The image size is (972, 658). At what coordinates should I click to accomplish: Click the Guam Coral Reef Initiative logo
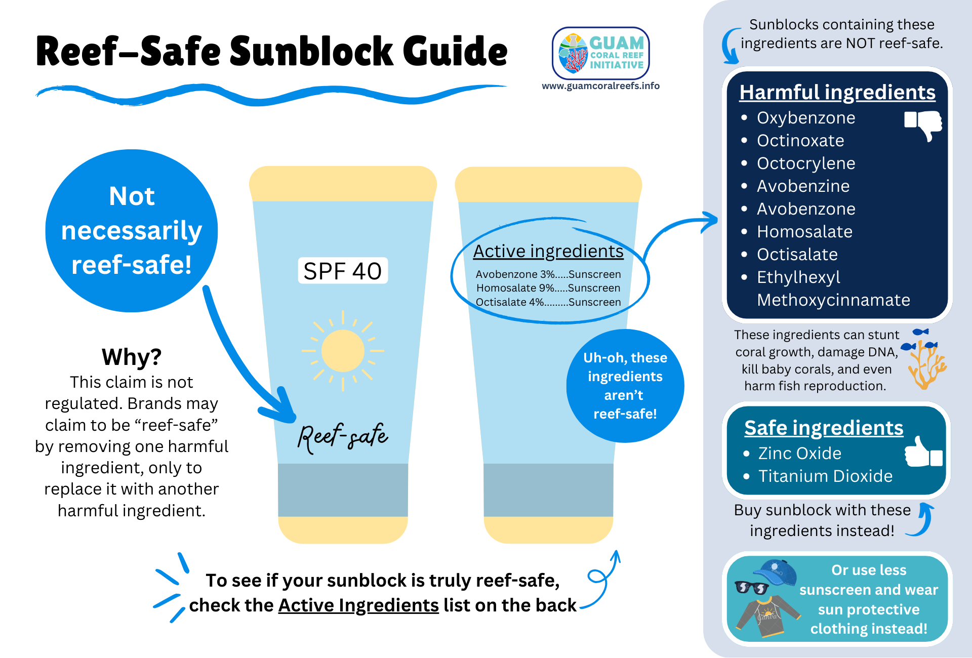(x=600, y=53)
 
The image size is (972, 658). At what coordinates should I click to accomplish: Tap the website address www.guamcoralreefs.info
(x=600, y=86)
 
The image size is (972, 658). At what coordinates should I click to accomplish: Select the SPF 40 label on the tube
(x=343, y=271)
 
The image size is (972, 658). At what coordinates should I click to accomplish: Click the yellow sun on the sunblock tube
(x=343, y=350)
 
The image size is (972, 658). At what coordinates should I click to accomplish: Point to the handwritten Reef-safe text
(x=343, y=436)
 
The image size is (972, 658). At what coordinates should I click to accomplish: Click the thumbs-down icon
(x=923, y=124)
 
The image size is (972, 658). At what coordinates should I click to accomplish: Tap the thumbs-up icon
(x=923, y=452)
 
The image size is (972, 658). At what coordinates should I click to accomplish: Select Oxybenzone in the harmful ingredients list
(x=805, y=118)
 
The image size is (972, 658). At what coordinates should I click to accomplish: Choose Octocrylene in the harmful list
(x=805, y=163)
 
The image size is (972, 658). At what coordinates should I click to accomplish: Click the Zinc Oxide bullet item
(x=799, y=454)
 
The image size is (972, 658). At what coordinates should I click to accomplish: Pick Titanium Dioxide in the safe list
(x=825, y=476)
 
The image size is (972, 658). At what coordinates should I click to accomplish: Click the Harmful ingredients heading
(x=837, y=93)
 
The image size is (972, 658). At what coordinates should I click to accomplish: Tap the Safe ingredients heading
(x=824, y=428)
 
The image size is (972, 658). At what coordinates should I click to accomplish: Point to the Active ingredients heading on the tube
(x=548, y=252)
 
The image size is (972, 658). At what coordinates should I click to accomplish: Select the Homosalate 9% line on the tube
(x=548, y=288)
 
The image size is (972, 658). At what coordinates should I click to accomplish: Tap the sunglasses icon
(x=752, y=588)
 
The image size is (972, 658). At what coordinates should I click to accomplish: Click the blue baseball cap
(x=776, y=572)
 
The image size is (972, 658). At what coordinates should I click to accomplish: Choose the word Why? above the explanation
(x=132, y=357)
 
